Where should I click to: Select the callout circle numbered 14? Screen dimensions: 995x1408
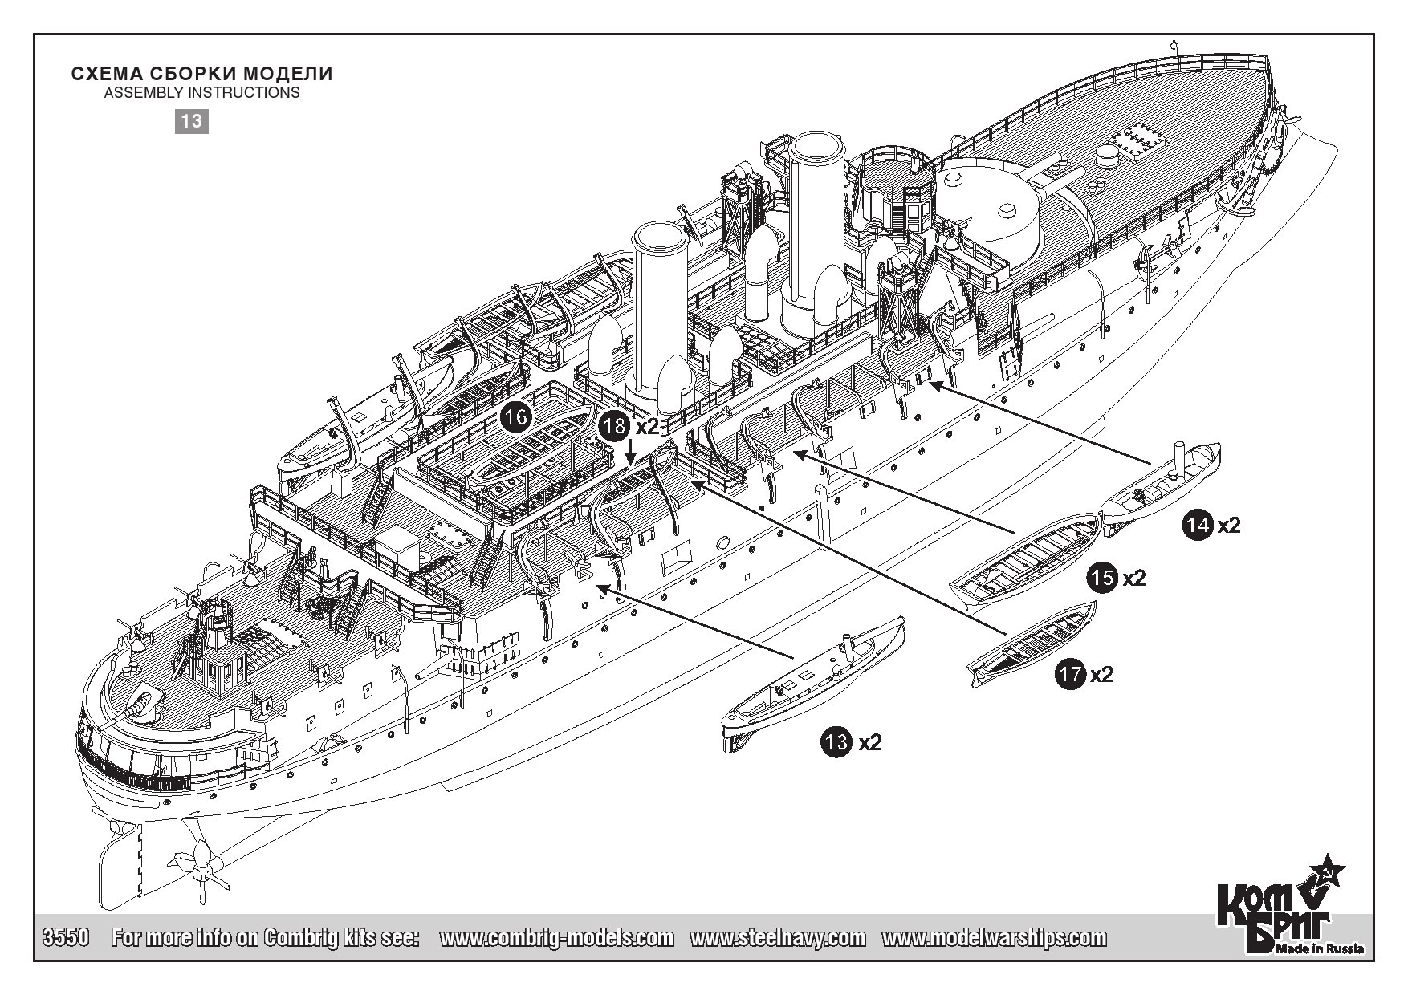click(x=1198, y=525)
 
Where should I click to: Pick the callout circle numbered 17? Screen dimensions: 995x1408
click(x=1071, y=674)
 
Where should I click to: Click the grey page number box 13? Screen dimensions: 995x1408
click(x=192, y=121)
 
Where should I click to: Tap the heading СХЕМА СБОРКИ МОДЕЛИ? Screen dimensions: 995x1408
click(x=202, y=74)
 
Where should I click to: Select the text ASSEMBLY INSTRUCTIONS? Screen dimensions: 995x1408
click(x=202, y=93)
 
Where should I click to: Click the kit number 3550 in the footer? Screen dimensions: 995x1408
click(x=64, y=938)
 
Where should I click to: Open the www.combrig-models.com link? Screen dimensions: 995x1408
click(x=557, y=938)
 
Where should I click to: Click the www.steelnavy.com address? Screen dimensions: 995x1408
click(x=778, y=938)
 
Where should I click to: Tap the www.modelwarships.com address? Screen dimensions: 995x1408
click(x=994, y=938)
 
